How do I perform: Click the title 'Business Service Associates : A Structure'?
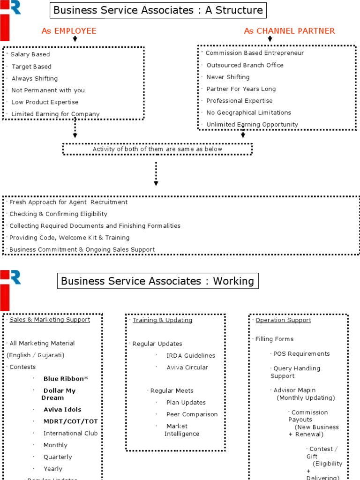point(158,10)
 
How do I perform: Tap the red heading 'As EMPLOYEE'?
point(69,31)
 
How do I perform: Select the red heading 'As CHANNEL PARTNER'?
point(289,31)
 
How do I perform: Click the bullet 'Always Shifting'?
point(35,78)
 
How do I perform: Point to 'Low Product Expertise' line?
point(45,102)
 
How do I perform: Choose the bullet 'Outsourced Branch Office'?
point(245,65)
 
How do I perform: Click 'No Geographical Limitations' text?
point(248,112)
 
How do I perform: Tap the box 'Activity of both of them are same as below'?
point(157,149)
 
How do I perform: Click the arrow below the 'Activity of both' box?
point(156,173)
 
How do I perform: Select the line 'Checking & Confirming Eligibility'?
point(58,214)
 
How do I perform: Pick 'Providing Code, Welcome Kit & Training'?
point(69,238)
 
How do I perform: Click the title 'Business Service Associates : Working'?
point(157,281)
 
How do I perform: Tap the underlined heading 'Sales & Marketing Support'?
point(50,319)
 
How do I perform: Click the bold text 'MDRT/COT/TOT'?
point(70,421)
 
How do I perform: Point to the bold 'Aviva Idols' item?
point(62,409)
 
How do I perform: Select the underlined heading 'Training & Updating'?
point(162,320)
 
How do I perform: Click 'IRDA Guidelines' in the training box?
point(191,355)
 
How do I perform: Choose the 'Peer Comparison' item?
point(192,414)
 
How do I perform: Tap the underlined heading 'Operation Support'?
point(283,320)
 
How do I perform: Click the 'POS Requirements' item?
point(301,353)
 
